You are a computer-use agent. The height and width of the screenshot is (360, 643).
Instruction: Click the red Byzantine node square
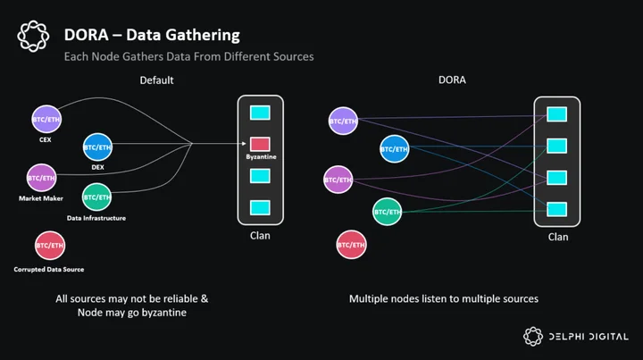260,144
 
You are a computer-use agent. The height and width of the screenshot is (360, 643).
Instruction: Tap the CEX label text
46,140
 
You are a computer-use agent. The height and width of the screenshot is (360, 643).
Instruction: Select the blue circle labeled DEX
97,147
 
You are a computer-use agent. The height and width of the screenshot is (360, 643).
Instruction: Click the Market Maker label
41,198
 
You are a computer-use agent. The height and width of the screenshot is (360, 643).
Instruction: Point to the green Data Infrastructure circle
96,197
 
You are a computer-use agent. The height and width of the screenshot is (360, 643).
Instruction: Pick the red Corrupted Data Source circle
50,246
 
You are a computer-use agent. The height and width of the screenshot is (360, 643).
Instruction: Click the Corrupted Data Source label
49,270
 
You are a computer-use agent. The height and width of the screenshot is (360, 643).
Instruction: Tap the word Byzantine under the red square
261,157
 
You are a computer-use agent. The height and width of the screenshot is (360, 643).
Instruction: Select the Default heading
156,80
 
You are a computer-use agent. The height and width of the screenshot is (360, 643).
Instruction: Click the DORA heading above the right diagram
452,80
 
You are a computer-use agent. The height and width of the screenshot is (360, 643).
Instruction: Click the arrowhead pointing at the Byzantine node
244,144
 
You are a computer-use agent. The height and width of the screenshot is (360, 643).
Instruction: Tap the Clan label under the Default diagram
260,236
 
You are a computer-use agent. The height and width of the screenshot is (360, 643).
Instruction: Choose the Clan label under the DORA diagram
558,237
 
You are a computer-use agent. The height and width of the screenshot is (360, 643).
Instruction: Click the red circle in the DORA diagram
352,245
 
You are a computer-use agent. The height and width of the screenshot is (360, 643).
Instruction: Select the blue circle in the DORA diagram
394,149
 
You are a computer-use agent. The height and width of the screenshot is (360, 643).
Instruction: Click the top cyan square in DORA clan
557,114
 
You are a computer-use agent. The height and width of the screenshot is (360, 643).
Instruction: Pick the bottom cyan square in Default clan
260,207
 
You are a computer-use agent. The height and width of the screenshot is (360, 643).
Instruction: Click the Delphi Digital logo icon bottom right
533,337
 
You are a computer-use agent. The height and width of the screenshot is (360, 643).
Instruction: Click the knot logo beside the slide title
33,36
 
